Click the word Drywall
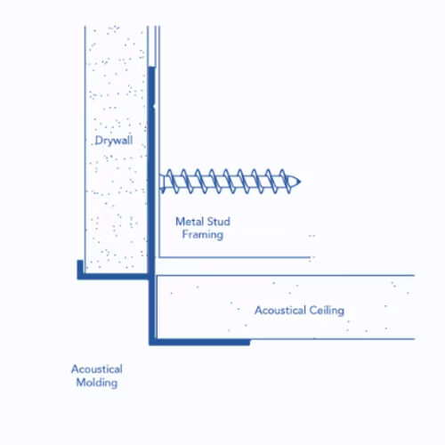click(114, 141)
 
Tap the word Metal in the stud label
click(189, 222)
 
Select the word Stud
click(218, 222)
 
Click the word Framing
click(203, 235)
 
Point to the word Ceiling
click(327, 311)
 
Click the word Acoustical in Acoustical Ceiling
click(280, 311)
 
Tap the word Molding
click(97, 383)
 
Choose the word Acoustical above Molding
click(97, 369)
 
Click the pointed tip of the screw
click(300, 182)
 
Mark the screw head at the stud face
click(162, 182)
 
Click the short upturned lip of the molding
click(80, 267)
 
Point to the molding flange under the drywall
click(113, 277)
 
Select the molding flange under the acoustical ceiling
click(199, 342)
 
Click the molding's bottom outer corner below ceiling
click(150, 345)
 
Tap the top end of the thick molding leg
click(151, 68)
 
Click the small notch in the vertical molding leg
click(154, 105)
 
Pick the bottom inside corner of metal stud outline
click(159, 257)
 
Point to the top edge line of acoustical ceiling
click(286, 276)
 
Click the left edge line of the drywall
click(85, 150)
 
